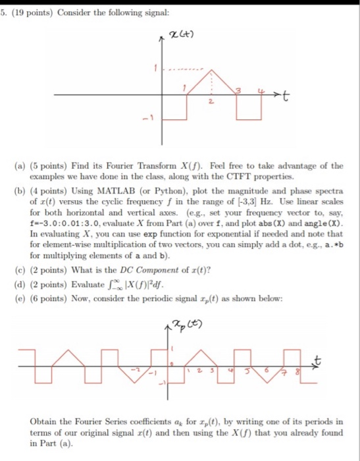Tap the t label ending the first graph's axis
pos(286,97)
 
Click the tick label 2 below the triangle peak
pos(209,103)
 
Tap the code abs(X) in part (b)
pos(275,224)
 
